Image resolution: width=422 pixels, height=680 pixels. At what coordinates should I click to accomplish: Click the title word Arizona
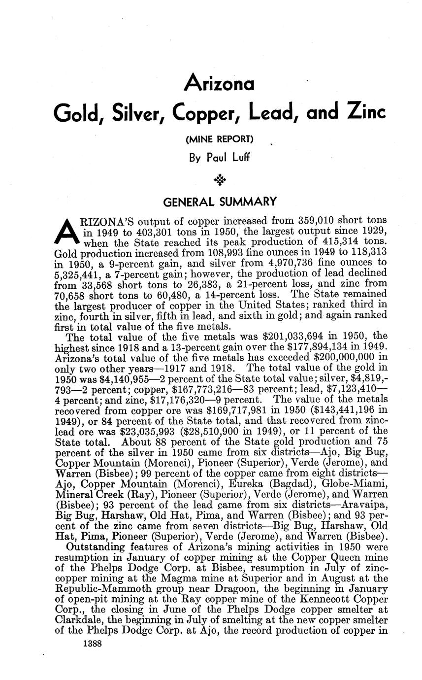tap(219, 84)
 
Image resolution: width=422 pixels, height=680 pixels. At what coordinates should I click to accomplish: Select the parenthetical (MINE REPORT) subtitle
tap(219, 140)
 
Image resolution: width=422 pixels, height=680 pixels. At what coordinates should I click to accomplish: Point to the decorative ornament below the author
tap(220, 180)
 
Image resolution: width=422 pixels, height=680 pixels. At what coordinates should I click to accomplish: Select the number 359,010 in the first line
tap(320, 220)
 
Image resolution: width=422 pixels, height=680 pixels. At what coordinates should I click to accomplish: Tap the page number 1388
tap(93, 643)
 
